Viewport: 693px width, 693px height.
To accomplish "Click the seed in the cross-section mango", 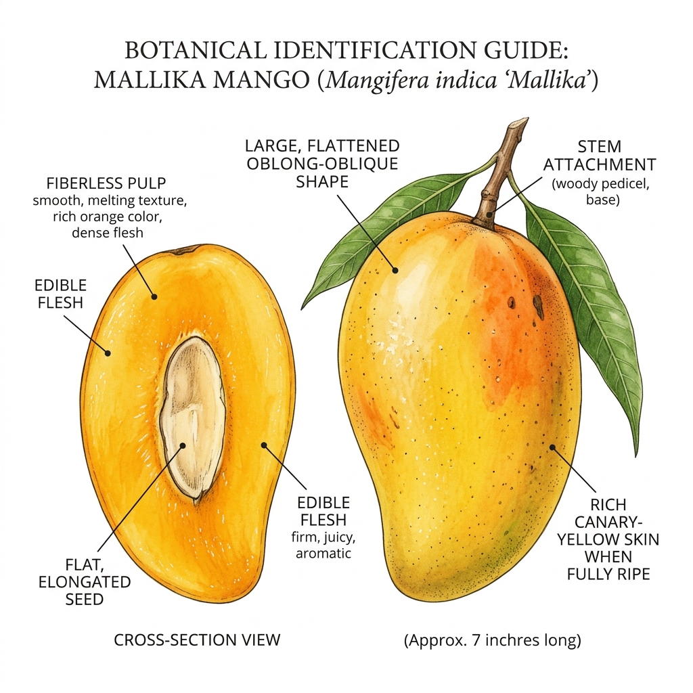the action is point(193,418).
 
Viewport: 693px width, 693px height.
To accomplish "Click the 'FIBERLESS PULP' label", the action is point(106,183).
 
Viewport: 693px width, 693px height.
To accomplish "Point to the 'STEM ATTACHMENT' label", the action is point(600,156).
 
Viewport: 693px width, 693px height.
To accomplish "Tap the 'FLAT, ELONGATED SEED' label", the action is point(85,581).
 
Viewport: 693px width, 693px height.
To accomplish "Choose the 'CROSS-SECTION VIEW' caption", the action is point(197,640).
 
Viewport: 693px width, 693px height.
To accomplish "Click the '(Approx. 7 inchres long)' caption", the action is point(493,640).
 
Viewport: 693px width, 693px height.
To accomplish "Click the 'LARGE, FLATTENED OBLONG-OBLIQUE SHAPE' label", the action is point(323,164).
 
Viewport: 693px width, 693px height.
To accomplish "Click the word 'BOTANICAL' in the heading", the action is point(196,50).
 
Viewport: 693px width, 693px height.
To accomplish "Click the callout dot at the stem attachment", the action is point(489,215).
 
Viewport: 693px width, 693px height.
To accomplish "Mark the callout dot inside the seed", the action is point(183,445).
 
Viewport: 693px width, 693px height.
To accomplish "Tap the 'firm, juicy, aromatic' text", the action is point(323,545).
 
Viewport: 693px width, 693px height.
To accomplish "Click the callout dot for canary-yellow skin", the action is point(552,447).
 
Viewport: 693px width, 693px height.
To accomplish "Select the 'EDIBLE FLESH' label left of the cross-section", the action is point(60,294).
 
